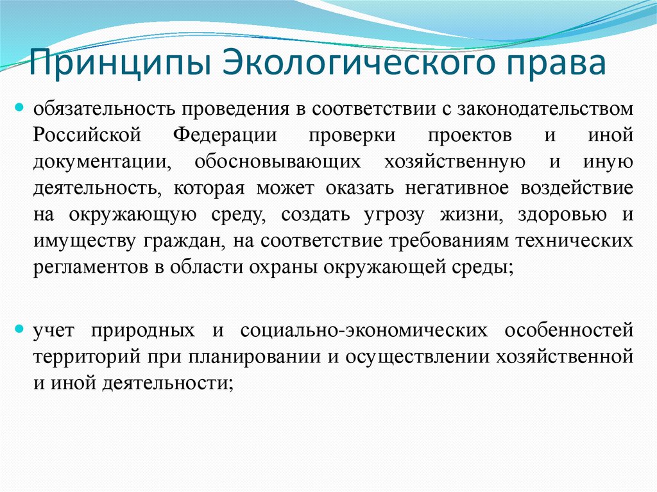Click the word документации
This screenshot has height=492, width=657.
click(x=102, y=162)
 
